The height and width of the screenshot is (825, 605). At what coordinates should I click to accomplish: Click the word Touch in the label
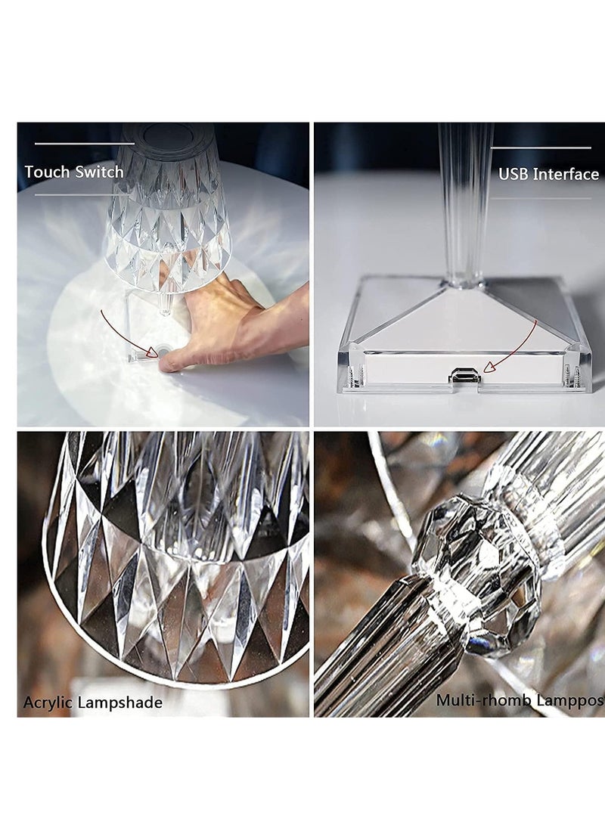[x=47, y=172]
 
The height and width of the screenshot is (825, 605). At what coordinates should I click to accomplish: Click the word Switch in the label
[x=99, y=172]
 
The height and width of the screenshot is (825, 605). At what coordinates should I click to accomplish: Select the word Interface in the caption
[x=566, y=175]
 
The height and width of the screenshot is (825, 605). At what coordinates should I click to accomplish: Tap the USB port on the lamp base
[x=466, y=376]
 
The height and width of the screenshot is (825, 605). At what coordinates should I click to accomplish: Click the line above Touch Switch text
[x=84, y=143]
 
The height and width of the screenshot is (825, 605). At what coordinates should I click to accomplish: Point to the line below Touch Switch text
[x=84, y=195]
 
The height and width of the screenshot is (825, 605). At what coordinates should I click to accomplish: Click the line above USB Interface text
[x=541, y=147]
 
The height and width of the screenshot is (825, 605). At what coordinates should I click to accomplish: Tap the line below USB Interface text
[x=541, y=199]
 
